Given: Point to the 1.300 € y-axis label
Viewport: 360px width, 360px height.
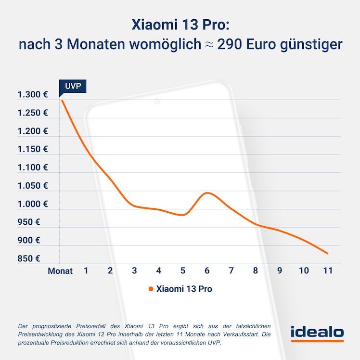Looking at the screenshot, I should coord(33,95).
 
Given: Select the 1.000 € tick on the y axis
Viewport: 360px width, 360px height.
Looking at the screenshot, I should coord(33,204).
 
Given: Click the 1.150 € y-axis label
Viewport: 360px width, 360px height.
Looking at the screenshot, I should coord(33,149).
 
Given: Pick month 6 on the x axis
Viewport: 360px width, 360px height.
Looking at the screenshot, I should coord(207,270).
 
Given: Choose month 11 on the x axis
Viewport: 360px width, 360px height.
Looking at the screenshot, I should coord(327,270).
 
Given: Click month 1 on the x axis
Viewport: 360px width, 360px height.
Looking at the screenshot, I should coord(86,270).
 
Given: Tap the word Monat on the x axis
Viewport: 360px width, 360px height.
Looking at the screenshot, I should coord(60,271).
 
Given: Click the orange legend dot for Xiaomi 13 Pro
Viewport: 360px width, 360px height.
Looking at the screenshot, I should coord(151,289).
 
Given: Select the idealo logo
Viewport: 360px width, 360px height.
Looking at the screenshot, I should coord(317,333).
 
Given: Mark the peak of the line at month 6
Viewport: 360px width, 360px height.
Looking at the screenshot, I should coord(207,193).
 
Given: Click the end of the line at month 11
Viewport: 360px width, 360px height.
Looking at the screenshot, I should coord(327,253).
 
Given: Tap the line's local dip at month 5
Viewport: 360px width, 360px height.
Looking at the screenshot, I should coord(183,215).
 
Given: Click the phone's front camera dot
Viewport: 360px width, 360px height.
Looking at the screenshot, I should coord(156,101).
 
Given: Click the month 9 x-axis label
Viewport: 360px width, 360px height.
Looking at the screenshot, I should coord(279,270).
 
